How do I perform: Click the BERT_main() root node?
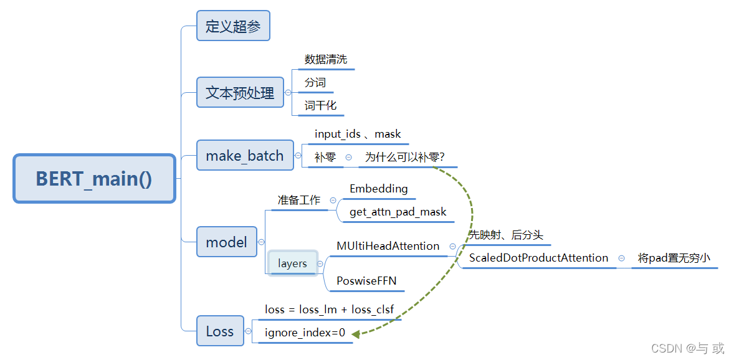(x=94, y=179)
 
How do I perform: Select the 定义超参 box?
(x=233, y=26)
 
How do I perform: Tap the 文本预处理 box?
(x=240, y=93)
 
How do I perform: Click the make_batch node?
(x=245, y=156)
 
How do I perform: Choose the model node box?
(x=226, y=242)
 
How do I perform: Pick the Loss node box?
(x=219, y=331)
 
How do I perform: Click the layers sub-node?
(x=293, y=263)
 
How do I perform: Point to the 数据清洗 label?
(x=325, y=60)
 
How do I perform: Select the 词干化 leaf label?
(x=320, y=106)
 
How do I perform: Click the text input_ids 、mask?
(x=358, y=135)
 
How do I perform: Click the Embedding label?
(x=378, y=189)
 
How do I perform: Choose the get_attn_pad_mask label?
(x=398, y=212)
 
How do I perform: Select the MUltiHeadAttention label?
(x=388, y=246)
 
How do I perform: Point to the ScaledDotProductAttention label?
(x=538, y=258)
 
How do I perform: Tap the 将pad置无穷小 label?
(x=674, y=258)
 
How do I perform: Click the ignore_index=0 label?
(x=305, y=333)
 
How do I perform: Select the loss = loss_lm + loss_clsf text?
(x=329, y=310)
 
